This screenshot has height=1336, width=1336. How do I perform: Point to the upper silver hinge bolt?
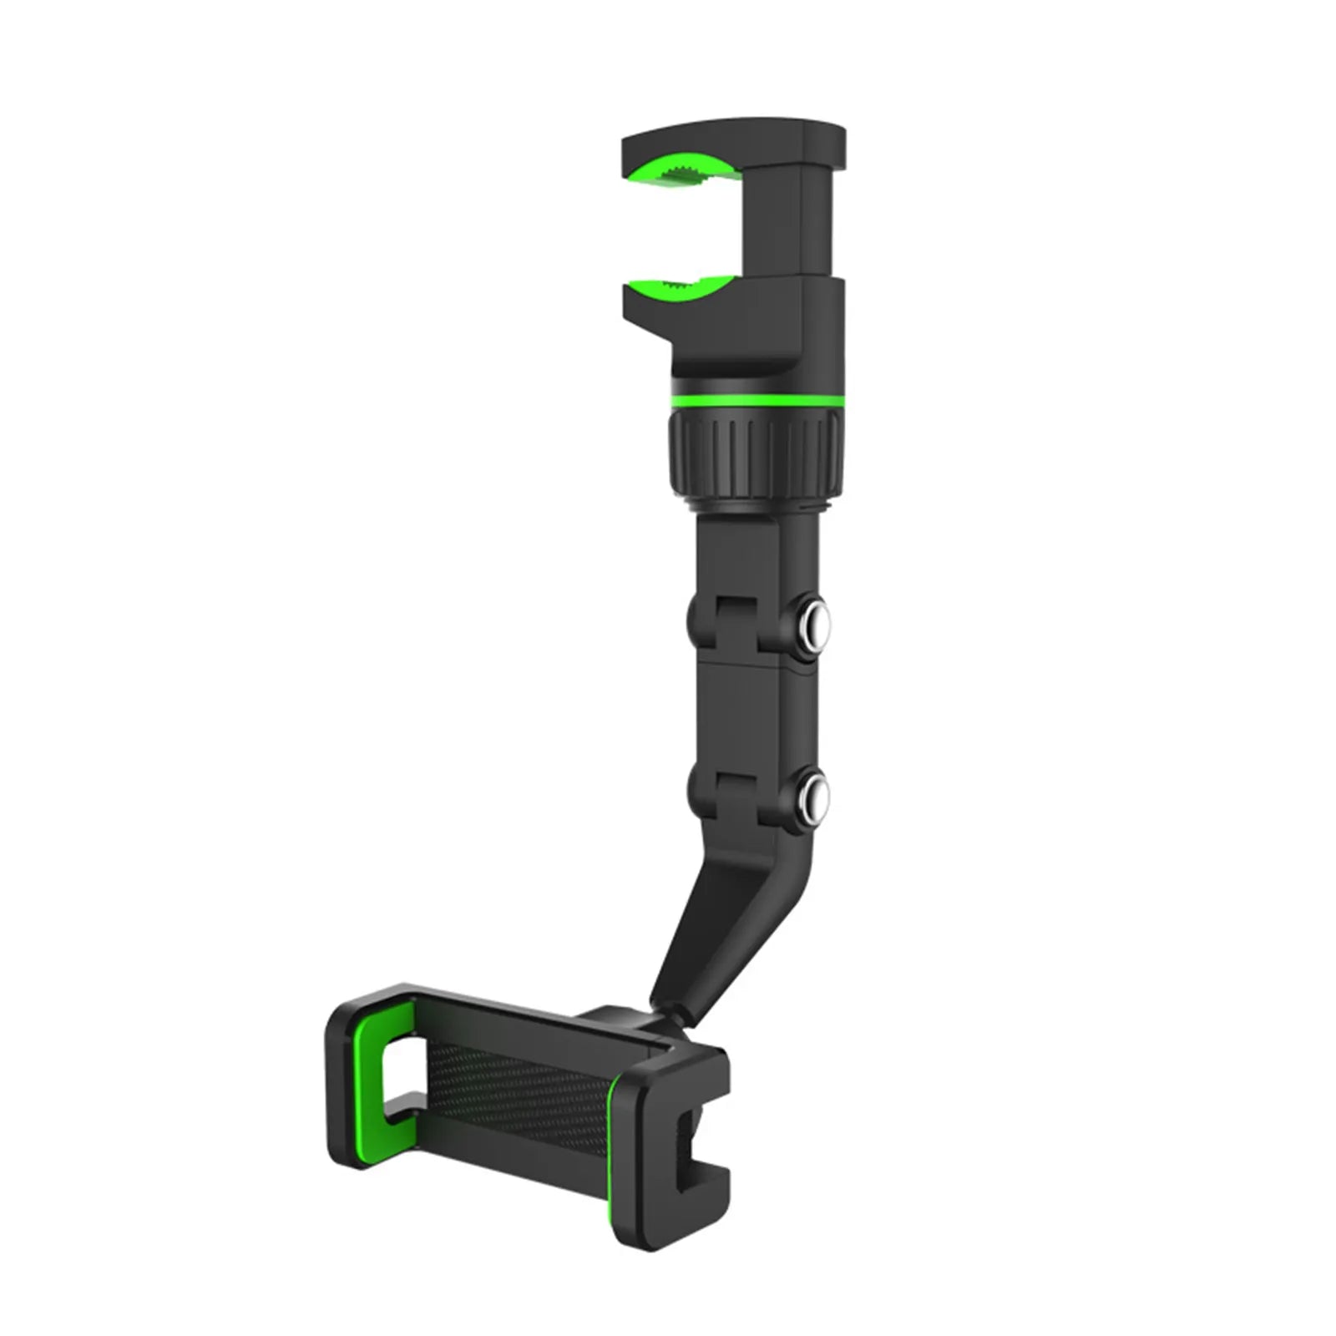click(x=812, y=623)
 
